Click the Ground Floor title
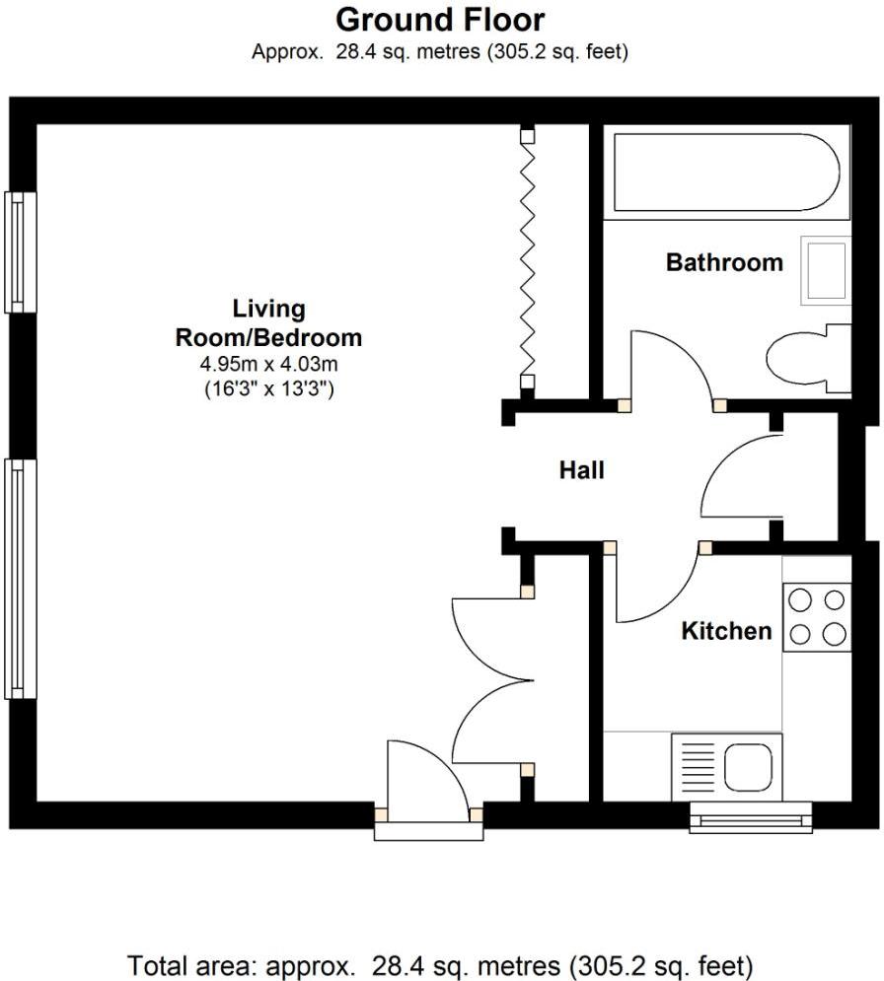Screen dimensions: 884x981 [440, 19]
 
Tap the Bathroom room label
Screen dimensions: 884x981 [724, 262]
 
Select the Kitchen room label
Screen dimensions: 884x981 [726, 631]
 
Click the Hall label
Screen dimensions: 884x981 [582, 470]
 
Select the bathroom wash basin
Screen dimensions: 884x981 [825, 268]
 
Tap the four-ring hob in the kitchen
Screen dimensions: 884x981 [817, 617]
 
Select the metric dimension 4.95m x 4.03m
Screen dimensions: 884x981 [268, 365]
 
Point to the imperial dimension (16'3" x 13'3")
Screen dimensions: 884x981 [268, 388]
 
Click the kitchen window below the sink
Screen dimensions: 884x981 [750, 818]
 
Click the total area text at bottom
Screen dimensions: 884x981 [440, 962]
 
